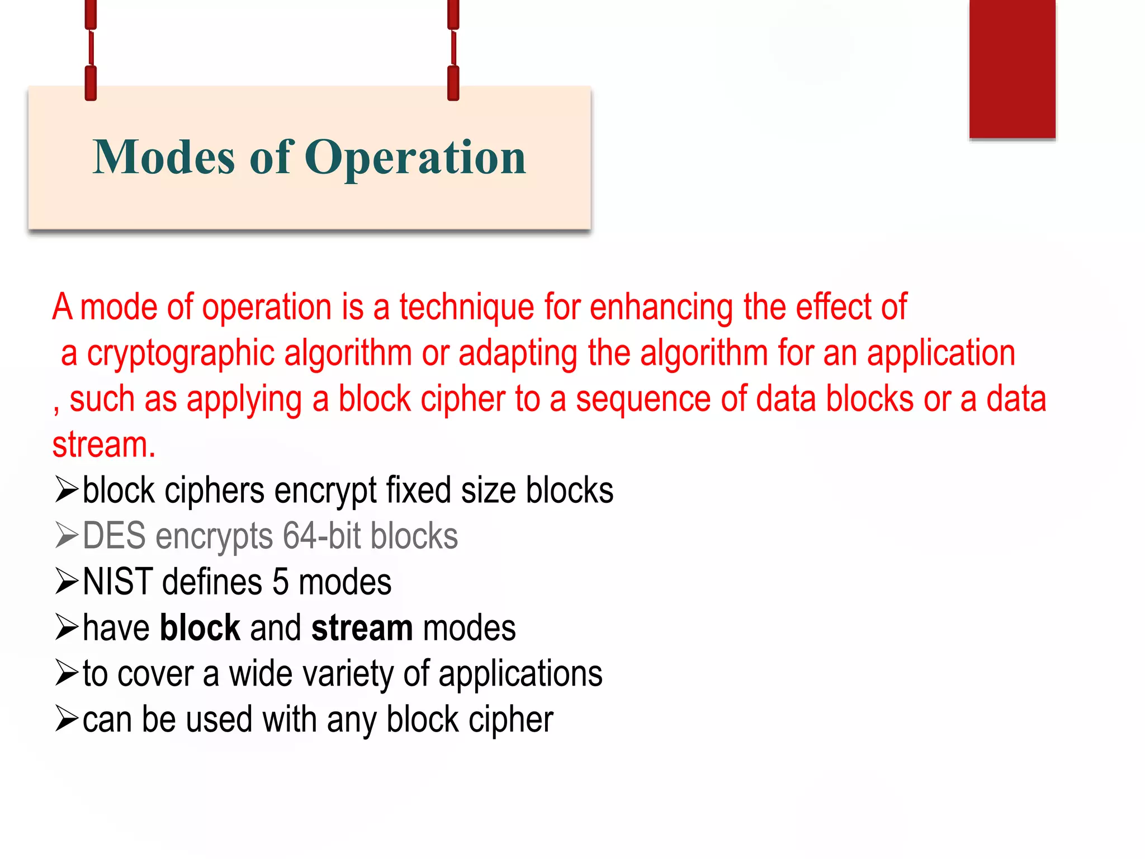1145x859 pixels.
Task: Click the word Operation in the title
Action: (415, 158)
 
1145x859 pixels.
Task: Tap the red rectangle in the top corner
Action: (1012, 68)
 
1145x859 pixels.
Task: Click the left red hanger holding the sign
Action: (91, 50)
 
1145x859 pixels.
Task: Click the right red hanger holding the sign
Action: (453, 50)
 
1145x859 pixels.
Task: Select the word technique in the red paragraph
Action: (466, 308)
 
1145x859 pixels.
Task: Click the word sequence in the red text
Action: (643, 399)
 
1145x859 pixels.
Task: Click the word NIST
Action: (117, 582)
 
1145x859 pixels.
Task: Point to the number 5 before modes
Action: (280, 582)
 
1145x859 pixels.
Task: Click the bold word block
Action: (200, 627)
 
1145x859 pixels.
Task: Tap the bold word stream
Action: (362, 629)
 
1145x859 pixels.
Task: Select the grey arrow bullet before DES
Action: (67, 535)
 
